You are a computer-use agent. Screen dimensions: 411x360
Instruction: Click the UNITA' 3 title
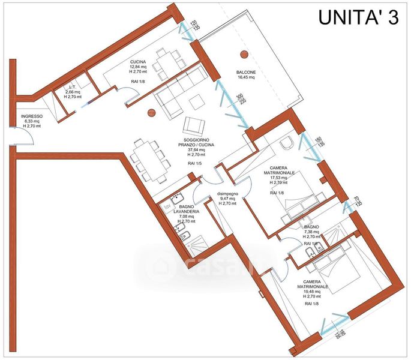click(356, 18)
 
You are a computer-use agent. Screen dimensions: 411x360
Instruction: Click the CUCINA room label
click(139, 62)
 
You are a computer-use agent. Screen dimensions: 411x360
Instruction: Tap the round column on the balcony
click(244, 55)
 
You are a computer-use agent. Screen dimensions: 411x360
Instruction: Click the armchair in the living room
click(194, 125)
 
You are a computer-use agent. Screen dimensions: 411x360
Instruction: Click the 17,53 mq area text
click(278, 178)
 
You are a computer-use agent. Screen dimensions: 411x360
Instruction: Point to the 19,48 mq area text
click(315, 293)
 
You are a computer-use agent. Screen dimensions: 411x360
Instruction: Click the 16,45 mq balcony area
click(246, 77)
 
